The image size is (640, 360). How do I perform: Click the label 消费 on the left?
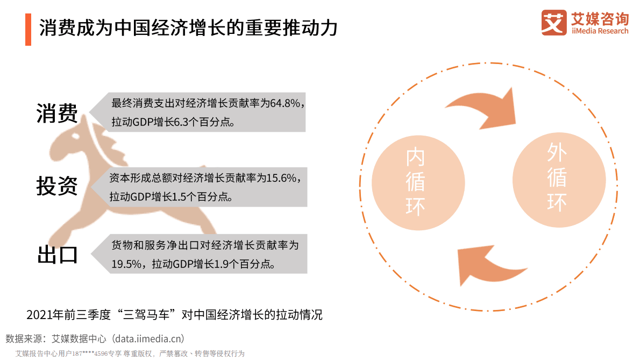tap(57, 113)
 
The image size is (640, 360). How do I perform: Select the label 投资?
tap(57, 186)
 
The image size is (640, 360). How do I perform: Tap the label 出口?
tap(57, 255)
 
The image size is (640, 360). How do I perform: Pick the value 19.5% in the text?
tap(127, 264)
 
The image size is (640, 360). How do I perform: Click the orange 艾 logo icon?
tap(554, 23)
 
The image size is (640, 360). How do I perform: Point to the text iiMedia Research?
tap(600, 31)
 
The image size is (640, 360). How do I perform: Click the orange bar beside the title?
tap(28, 30)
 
